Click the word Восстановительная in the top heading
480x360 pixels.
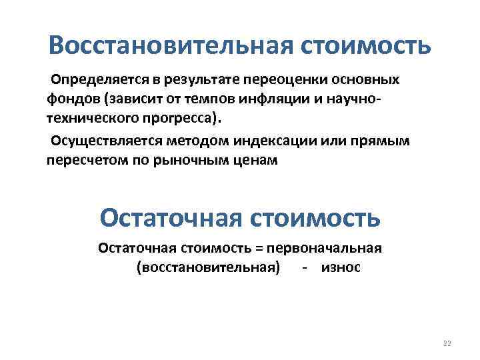point(171,46)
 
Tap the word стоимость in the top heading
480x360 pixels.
point(365,46)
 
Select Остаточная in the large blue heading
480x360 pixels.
point(171,217)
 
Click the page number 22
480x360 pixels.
point(447,343)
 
